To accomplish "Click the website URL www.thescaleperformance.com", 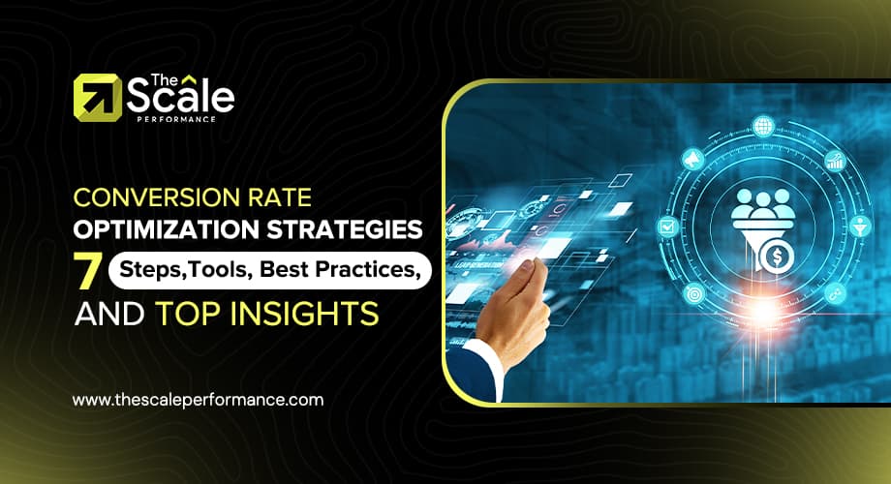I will pos(199,399).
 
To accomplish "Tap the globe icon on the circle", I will pos(763,127).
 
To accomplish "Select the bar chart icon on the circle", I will pos(833,160).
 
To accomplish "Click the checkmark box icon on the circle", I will pos(666,227).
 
